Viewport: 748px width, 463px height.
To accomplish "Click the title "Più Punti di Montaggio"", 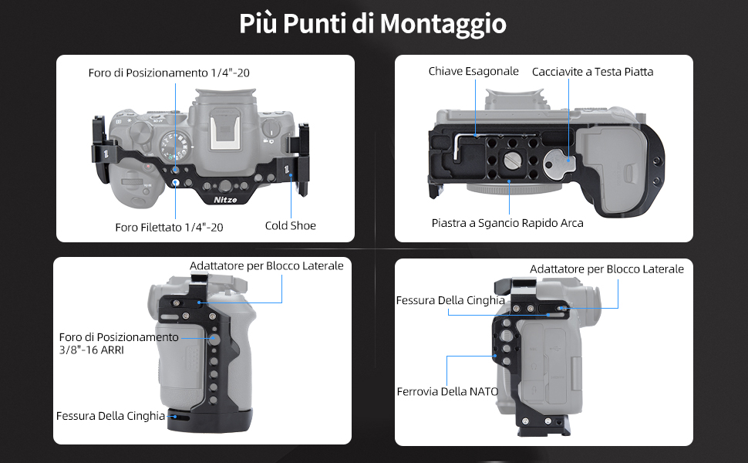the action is [x=372, y=24].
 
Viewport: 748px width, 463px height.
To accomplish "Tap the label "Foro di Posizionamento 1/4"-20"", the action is [x=169, y=73].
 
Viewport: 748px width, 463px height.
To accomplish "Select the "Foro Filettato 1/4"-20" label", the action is [x=169, y=227].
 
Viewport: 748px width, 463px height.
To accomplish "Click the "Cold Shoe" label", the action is [x=291, y=226].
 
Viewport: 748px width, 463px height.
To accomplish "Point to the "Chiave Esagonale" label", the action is [x=473, y=72].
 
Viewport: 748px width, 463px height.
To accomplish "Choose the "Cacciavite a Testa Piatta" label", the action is [x=592, y=72].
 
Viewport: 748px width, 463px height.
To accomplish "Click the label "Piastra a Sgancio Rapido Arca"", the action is [x=507, y=223].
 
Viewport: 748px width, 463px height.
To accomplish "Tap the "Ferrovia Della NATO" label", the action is [x=447, y=392].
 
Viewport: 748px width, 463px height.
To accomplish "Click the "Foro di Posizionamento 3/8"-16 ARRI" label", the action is [x=119, y=343].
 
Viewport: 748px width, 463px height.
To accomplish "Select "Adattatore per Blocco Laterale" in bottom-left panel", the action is [x=267, y=266].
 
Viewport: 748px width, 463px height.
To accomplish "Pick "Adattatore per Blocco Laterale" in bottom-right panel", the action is [x=607, y=269].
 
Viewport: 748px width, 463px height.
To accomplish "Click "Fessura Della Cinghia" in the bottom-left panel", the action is [x=111, y=416].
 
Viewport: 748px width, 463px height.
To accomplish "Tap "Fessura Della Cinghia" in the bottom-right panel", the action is [x=450, y=300].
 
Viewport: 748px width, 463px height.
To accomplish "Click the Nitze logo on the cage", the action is [x=225, y=200].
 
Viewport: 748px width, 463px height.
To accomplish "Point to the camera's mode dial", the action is [x=174, y=147].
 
